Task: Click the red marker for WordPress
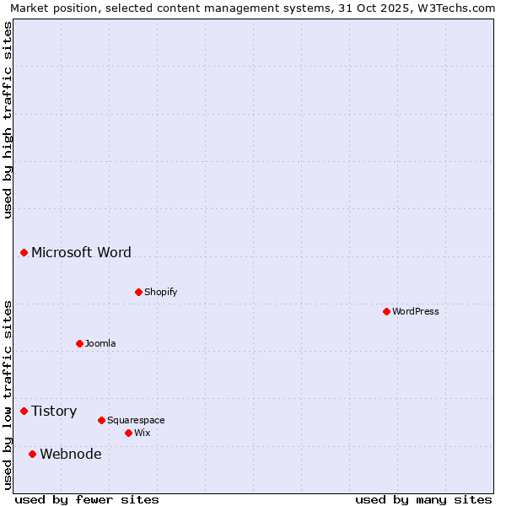pos(386,311)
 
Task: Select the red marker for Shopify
pos(138,292)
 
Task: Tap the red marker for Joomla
pos(79,343)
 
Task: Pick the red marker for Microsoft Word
pos(24,252)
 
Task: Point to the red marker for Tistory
pos(24,411)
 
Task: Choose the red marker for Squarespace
pos(101,420)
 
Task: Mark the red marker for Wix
pos(128,433)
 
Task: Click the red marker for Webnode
pos(32,454)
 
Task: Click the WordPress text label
pos(416,311)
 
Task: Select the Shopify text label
pos(160,292)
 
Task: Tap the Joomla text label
pos(100,343)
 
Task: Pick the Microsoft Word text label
pos(81,252)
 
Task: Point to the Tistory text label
pos(54,411)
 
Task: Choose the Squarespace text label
pos(136,420)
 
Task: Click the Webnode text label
pos(71,454)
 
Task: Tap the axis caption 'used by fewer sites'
pos(87,499)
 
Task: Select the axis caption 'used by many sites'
pos(423,499)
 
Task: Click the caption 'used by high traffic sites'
pos(8,120)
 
